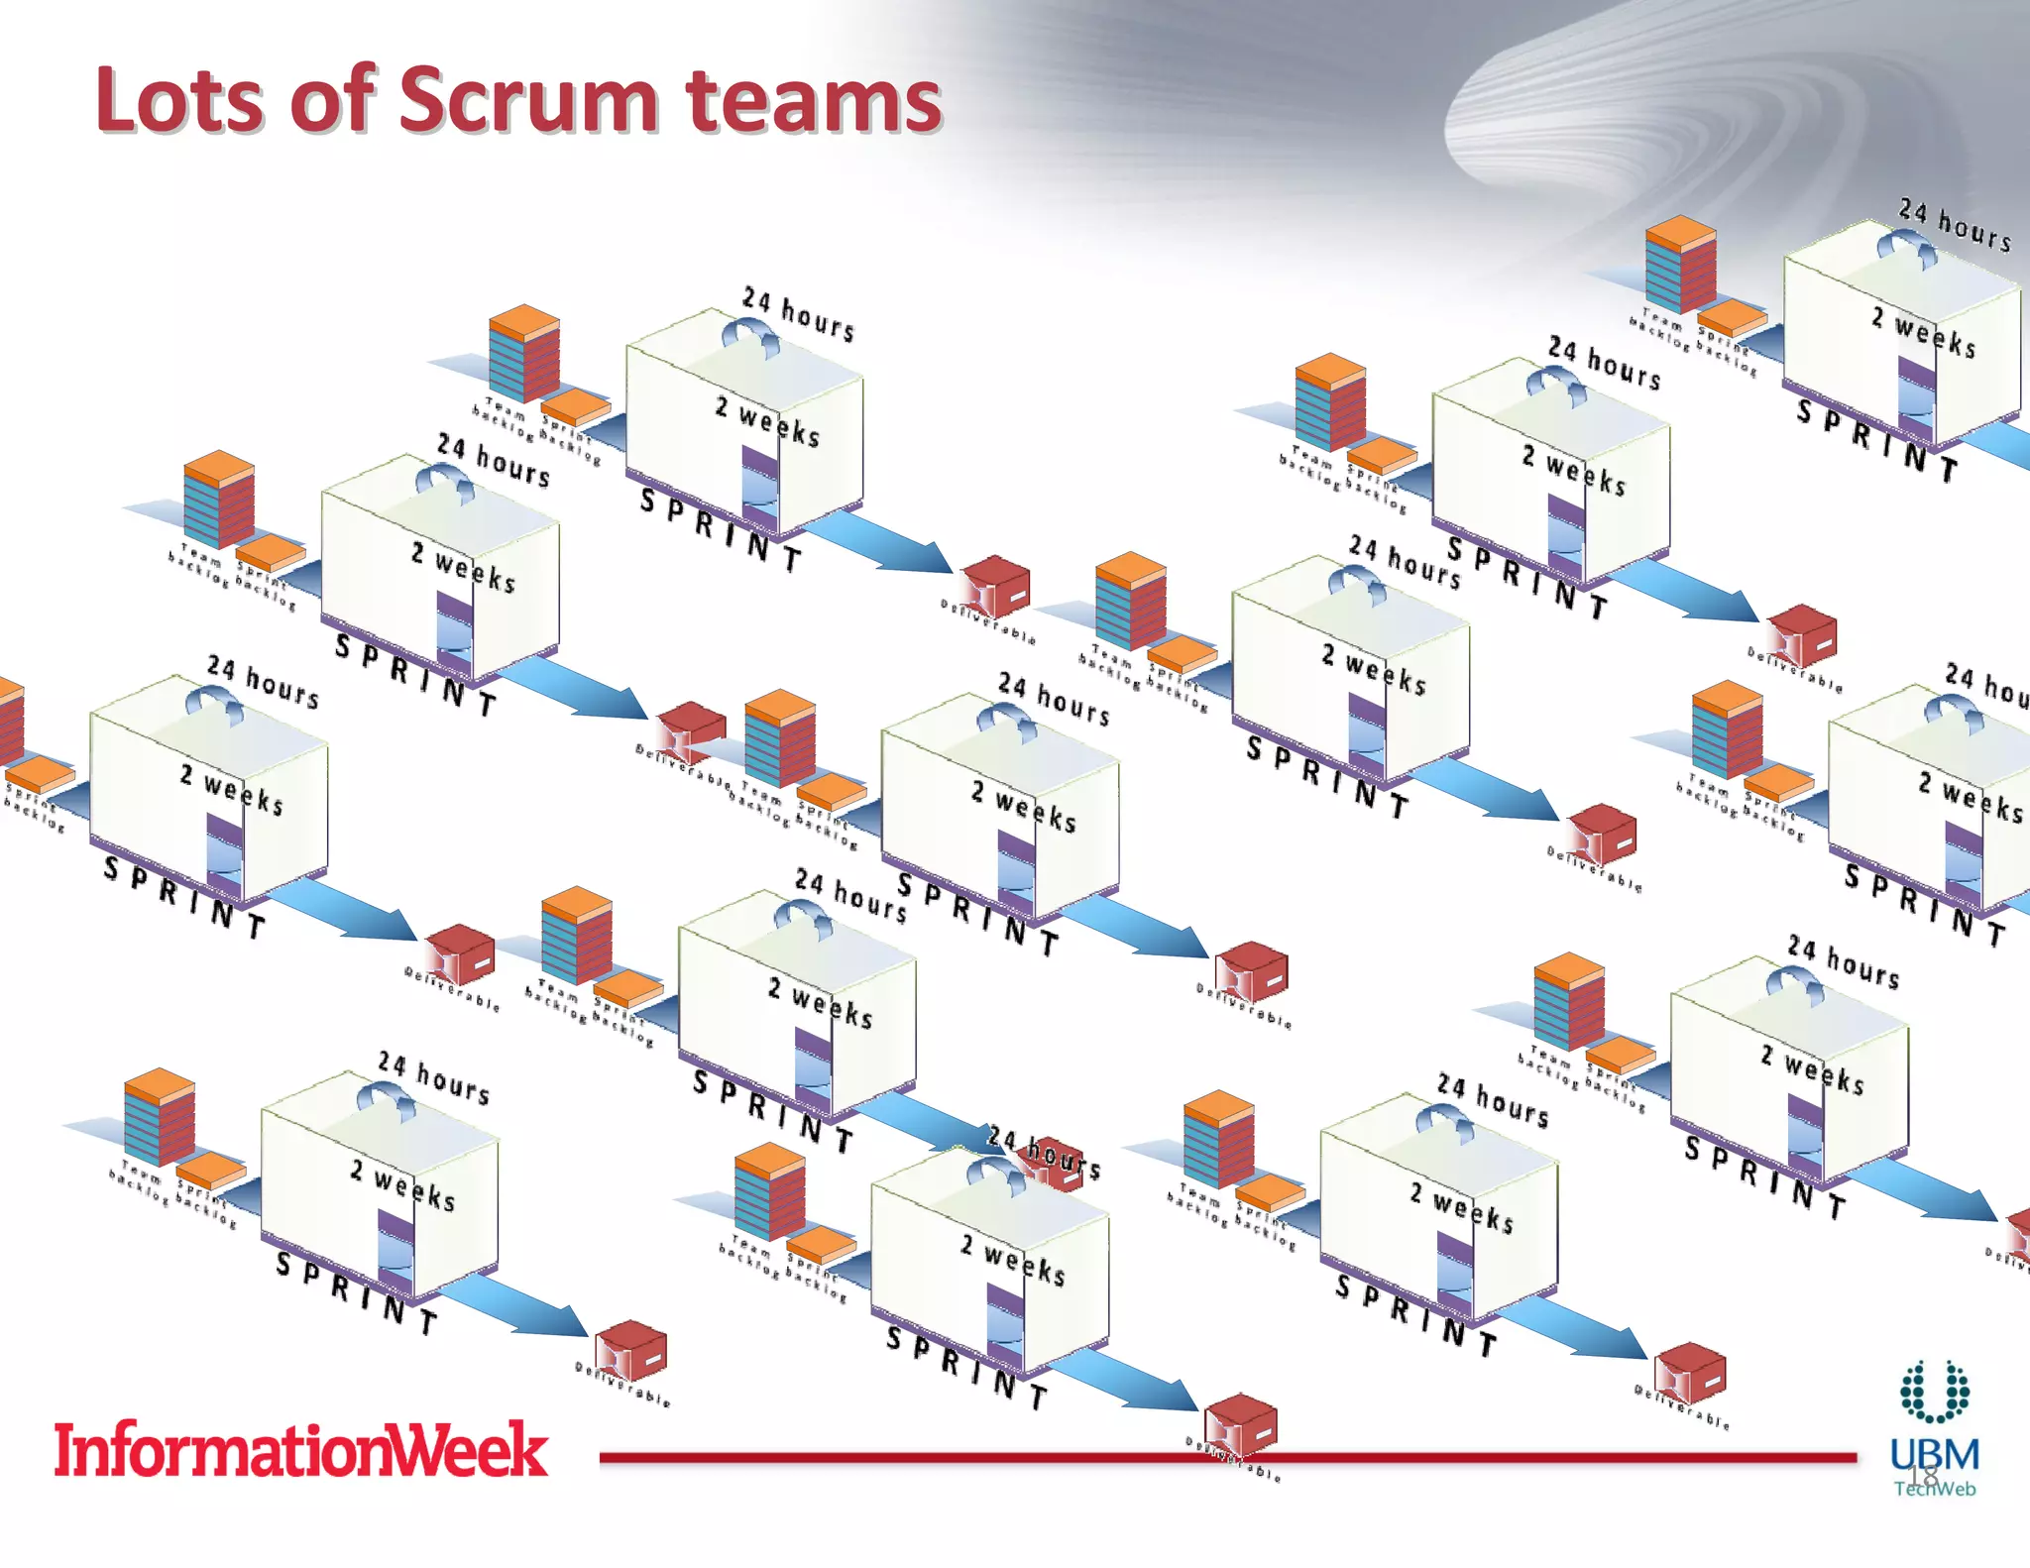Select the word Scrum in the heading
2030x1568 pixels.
tap(527, 101)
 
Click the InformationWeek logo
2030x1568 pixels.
tap(300, 1449)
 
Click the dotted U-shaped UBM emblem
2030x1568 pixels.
tap(1934, 1391)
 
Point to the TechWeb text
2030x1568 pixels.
tap(1935, 1488)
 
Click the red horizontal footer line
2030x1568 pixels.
tap(892, 1457)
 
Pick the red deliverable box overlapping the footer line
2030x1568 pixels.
tap(1241, 1425)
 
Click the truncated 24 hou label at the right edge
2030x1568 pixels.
tap(1986, 684)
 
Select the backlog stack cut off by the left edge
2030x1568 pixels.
tap(10, 722)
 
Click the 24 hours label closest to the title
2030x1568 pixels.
tap(798, 312)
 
